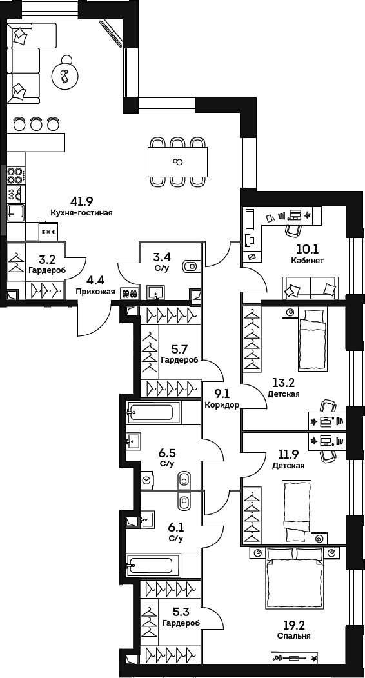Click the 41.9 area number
pos(82,201)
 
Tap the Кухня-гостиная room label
pos(82,212)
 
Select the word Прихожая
pos(95,292)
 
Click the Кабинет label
pos(307,261)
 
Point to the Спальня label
pos(293,635)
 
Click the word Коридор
pos(222,405)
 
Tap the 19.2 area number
pos(293,624)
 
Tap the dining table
pos(177,161)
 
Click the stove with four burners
pos(15,175)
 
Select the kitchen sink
pos(15,212)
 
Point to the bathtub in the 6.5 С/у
pos(153,412)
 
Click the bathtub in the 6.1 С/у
pos(153,566)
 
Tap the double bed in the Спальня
pos(293,575)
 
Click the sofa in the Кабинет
pos(310,287)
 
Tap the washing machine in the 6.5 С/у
pos(147,480)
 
